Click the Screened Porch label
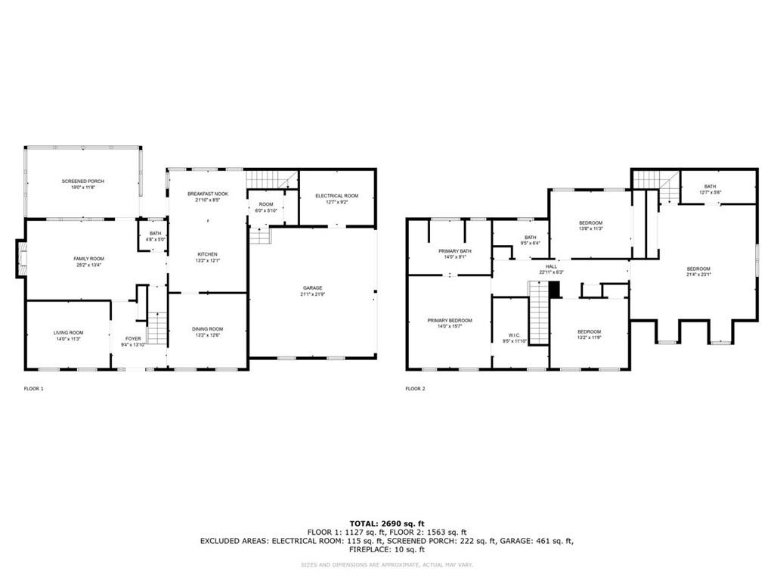click(x=82, y=182)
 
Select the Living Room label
click(x=68, y=333)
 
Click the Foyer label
click(x=132, y=338)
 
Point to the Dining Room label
click(x=207, y=329)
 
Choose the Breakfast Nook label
click(x=208, y=194)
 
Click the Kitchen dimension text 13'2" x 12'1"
click(x=208, y=261)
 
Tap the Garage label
click(x=313, y=288)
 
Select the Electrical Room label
click(x=336, y=196)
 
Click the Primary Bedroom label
click(x=450, y=321)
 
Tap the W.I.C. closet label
click(x=514, y=334)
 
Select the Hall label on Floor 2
click(x=552, y=266)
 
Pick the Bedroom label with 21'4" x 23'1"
click(x=698, y=269)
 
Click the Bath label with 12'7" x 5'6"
click(x=711, y=187)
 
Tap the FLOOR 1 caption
click(x=34, y=389)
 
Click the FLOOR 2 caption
click(x=415, y=389)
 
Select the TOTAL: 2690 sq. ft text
click(x=386, y=523)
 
